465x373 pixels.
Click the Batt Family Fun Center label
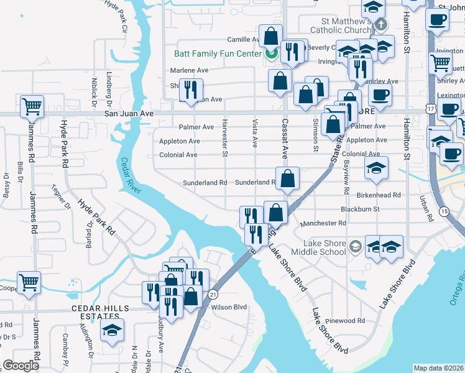[218, 54]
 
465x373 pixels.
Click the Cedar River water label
[132, 178]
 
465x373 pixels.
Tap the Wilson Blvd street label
[229, 306]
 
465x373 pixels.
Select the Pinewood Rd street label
[349, 321]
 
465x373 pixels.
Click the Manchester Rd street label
[323, 223]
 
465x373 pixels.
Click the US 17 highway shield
[430, 108]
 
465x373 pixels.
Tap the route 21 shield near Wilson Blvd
[213, 293]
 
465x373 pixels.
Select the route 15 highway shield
[444, 212]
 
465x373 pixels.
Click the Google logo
[20, 366]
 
